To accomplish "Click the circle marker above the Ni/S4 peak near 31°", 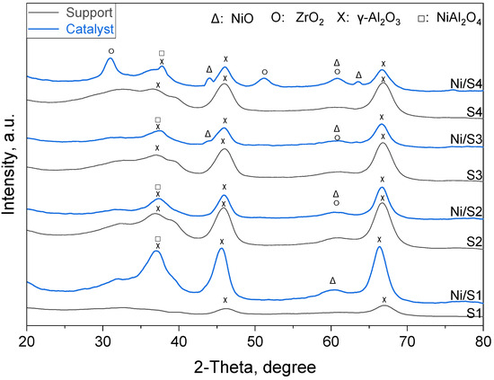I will [110, 51].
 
